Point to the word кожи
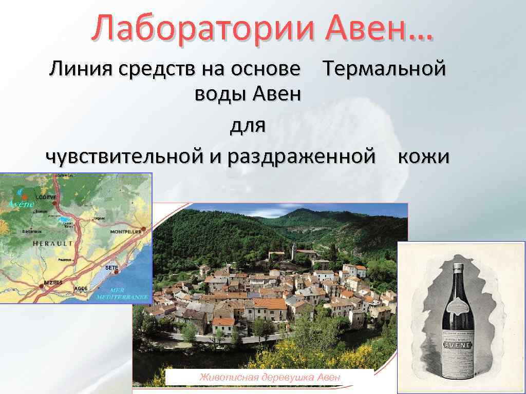pyautogui.click(x=424, y=157)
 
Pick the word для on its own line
pyautogui.click(x=248, y=126)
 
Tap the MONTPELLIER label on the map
pyautogui.click(x=126, y=232)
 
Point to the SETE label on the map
pyautogui.click(x=111, y=268)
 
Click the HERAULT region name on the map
pyautogui.click(x=52, y=244)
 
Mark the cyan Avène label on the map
pyautogui.click(x=21, y=204)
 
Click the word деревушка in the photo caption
pyautogui.click(x=288, y=378)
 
